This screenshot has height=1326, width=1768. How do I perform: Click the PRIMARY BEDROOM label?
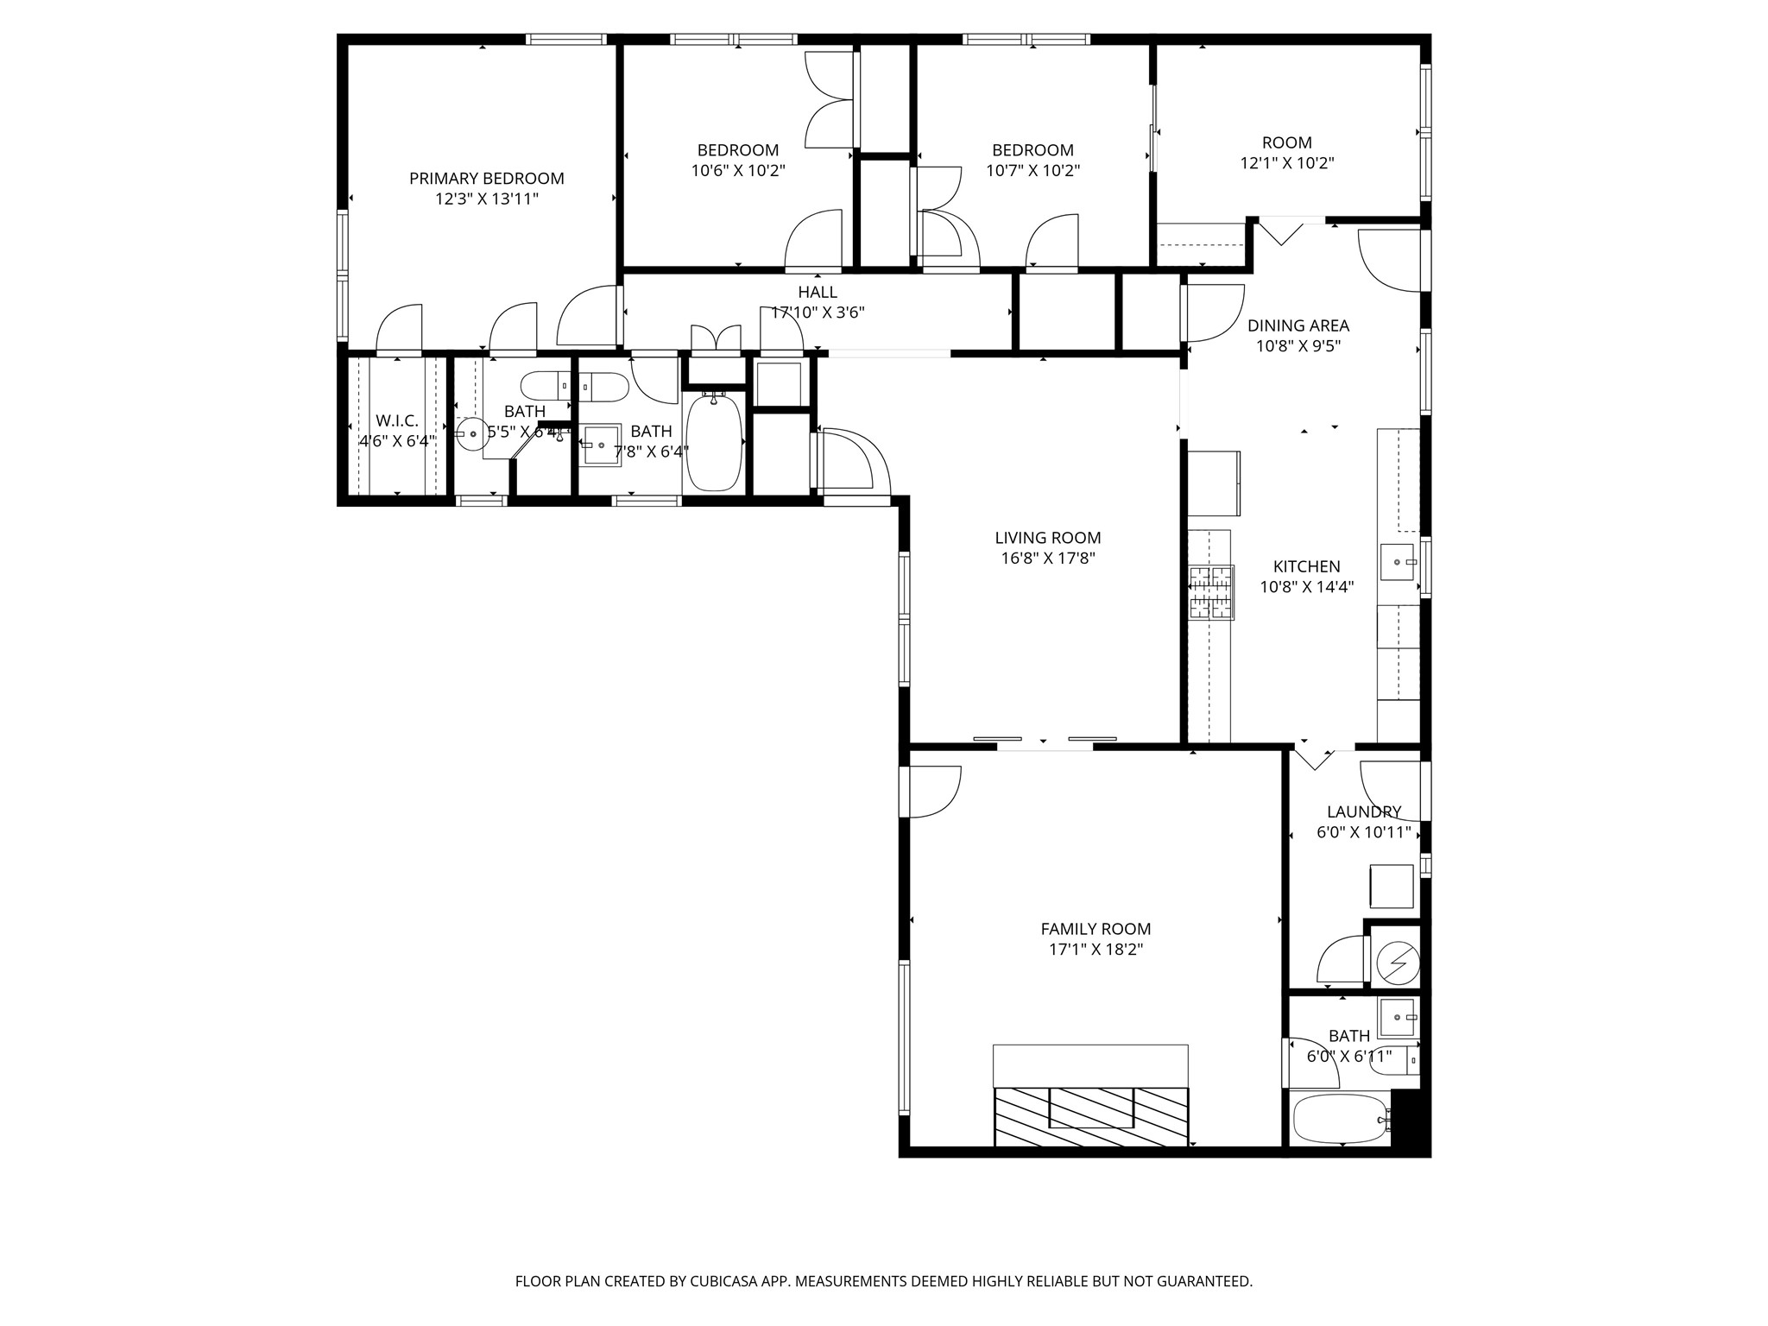point(486,179)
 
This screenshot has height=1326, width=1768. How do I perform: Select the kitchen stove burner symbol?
point(1211,592)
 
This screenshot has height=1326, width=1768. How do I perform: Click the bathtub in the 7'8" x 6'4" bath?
point(714,442)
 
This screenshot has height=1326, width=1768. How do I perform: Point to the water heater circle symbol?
point(1397,961)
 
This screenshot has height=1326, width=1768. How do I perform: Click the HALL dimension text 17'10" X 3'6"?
point(818,313)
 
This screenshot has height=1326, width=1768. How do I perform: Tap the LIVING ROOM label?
point(1047,538)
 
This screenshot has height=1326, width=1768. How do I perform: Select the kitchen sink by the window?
point(1398,562)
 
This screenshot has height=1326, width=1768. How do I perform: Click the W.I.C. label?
point(397,420)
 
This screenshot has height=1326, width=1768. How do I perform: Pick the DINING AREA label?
point(1298,325)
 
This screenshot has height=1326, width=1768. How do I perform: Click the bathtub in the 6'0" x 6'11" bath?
point(1339,1119)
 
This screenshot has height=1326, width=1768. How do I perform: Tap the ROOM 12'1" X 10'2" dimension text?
point(1286,163)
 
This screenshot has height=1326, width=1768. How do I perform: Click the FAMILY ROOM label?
point(1095,929)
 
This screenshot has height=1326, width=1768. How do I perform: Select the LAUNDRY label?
point(1363,811)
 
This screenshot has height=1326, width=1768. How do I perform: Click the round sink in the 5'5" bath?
point(472,434)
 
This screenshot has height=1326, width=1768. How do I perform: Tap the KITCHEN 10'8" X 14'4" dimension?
point(1306,588)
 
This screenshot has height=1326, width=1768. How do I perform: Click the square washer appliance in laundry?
point(1391,887)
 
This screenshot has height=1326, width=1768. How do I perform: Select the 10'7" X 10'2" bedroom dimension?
point(1032,171)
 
